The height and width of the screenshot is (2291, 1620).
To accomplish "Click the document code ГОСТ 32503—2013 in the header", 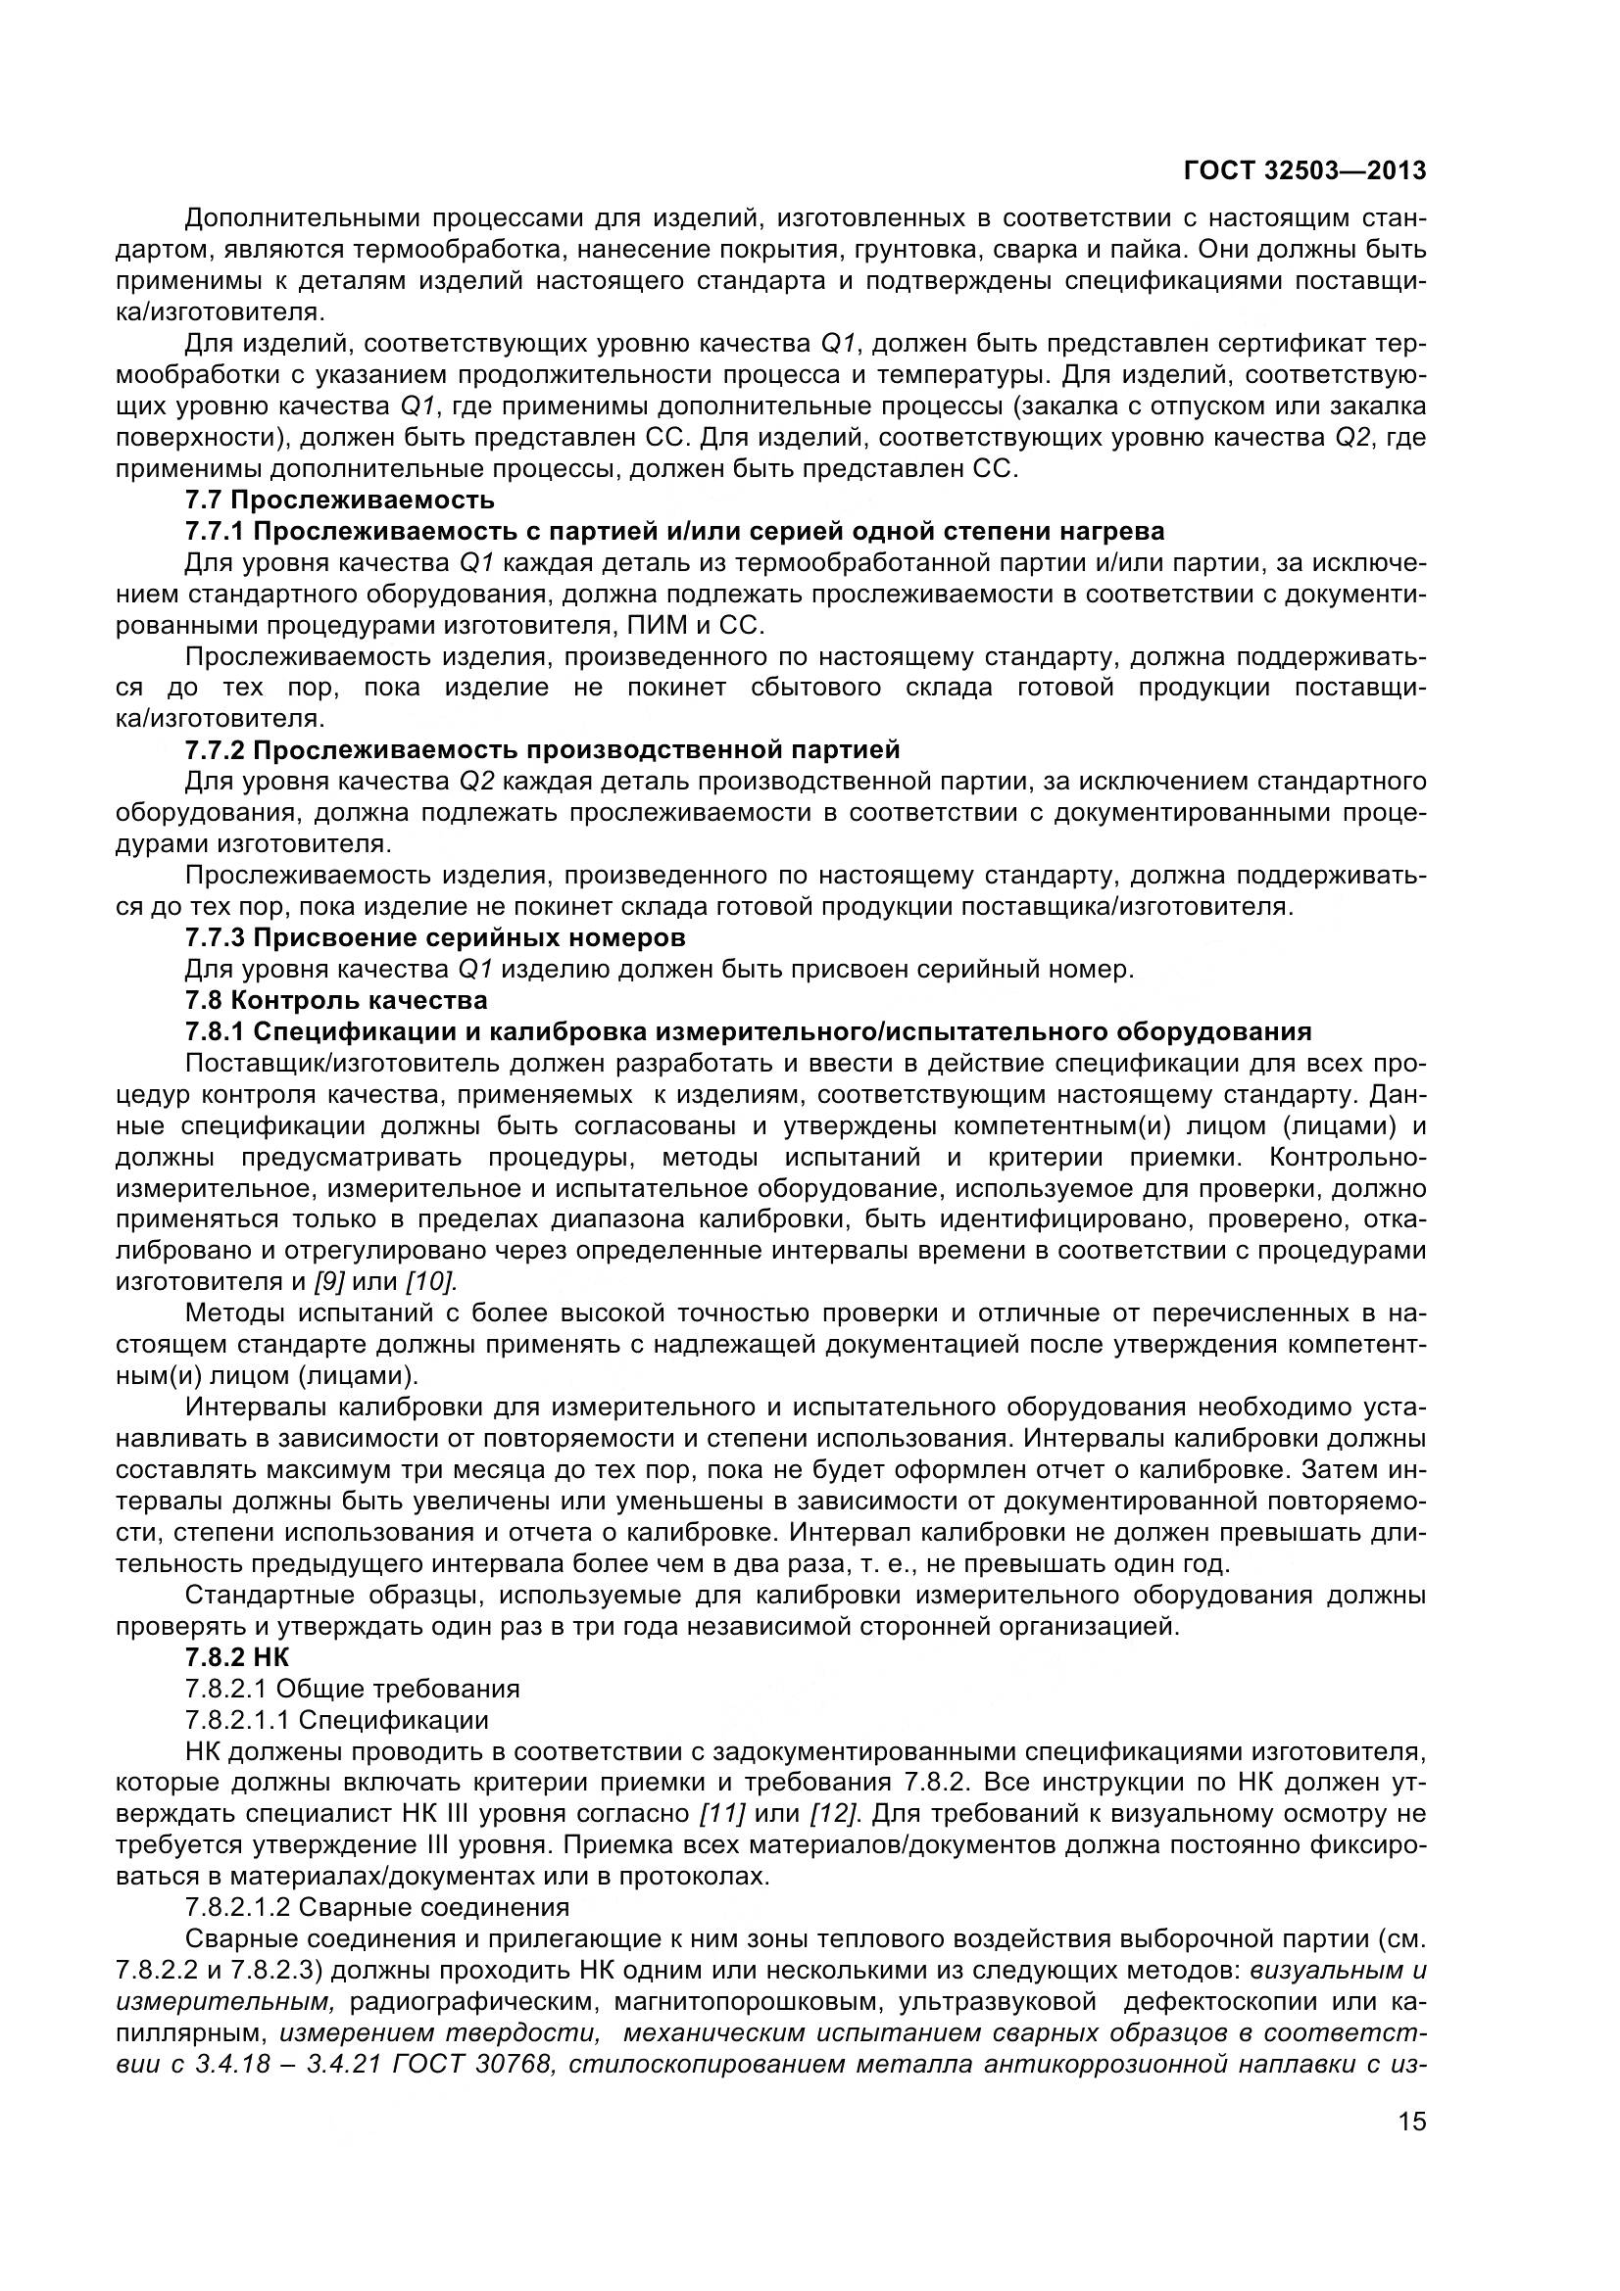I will click(1303, 171).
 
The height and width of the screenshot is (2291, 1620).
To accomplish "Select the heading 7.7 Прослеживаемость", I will click(339, 499).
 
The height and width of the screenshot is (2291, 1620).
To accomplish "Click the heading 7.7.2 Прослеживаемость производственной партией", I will click(542, 749).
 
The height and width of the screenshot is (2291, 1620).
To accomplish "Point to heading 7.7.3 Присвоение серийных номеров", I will click(435, 938).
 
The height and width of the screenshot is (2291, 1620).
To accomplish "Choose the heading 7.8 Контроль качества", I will click(336, 1000).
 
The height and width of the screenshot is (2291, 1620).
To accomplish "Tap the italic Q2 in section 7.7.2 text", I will click(476, 782).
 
